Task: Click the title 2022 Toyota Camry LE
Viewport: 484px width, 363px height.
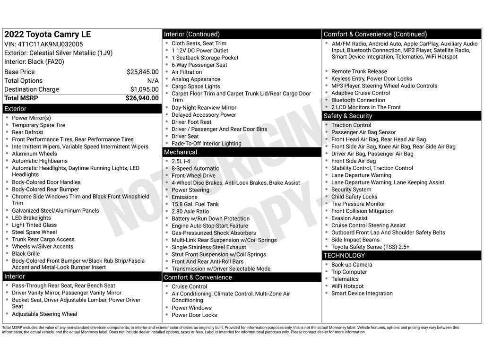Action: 47,35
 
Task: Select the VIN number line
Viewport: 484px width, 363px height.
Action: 43,44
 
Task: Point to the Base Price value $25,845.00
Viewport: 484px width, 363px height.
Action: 142,72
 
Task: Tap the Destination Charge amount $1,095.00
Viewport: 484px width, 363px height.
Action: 144,89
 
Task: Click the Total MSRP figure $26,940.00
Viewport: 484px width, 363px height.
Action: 142,98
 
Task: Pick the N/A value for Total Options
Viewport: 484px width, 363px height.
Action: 153,81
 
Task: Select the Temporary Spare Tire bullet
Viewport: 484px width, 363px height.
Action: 38,125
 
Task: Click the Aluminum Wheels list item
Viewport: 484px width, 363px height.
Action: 34,154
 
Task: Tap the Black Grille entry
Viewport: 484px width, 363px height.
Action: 26,254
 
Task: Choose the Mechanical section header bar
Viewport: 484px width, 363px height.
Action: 242,152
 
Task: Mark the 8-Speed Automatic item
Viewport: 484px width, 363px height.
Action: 195,169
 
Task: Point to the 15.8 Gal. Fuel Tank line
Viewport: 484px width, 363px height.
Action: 195,205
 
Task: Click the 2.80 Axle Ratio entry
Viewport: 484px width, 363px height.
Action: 190,212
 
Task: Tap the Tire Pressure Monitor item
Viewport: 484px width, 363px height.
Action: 358,204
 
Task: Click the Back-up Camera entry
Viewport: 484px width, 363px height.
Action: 352,265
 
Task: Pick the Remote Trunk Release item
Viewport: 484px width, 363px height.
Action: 359,72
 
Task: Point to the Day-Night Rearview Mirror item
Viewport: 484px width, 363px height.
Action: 204,108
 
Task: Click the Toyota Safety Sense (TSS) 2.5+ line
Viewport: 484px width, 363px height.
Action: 370,247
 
